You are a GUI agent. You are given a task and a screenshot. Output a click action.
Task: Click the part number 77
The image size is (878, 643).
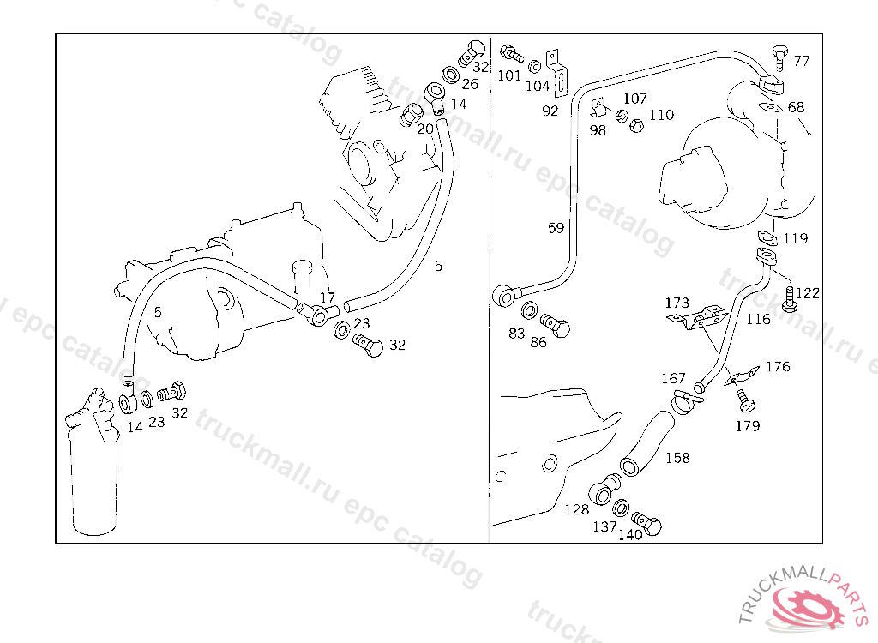tap(802, 61)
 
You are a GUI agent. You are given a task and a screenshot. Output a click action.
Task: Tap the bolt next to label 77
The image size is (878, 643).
tap(779, 57)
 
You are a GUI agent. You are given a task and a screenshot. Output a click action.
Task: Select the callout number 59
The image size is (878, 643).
tap(556, 228)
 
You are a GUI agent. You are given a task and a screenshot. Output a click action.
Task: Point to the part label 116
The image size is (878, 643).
tap(758, 319)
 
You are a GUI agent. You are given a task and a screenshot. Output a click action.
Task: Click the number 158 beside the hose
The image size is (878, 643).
tap(677, 458)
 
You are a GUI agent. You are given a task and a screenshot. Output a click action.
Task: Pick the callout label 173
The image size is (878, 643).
tap(677, 303)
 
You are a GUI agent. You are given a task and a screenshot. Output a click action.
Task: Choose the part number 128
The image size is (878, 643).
tap(576, 509)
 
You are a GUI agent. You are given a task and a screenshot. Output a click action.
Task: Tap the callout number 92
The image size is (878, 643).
tap(550, 111)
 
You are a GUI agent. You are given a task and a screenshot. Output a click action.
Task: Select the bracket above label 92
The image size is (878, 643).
tap(559, 69)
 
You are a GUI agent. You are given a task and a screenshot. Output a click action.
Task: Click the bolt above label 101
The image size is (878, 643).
tap(510, 52)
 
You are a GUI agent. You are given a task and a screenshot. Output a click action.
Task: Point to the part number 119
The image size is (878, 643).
tap(796, 238)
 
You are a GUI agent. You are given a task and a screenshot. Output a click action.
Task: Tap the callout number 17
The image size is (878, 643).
tap(327, 297)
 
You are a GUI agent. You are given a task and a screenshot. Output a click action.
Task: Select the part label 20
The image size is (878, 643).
tap(425, 129)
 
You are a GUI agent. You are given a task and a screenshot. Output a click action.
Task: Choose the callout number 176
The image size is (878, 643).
tap(778, 367)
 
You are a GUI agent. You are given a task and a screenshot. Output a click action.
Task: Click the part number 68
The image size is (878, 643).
tap(796, 107)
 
